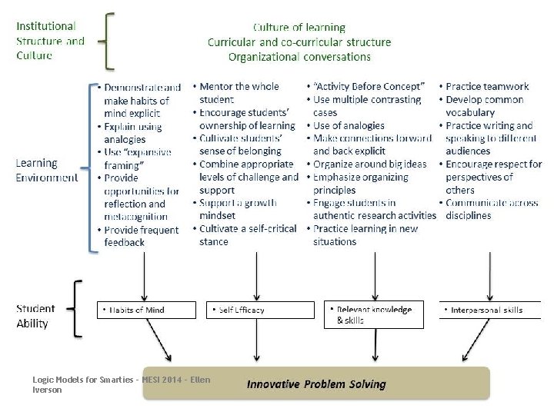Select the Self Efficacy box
261,310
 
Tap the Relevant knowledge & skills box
374,314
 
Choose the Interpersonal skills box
489,310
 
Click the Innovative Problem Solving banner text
316,383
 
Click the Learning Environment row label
46,171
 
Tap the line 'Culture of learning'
299,29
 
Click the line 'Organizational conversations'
299,56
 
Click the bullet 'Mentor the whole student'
239,93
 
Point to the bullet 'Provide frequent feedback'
138,236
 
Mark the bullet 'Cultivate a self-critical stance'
242,235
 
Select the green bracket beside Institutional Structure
109,41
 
